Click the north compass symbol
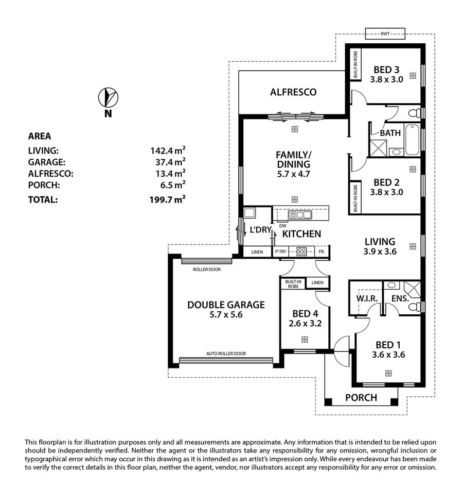(x=108, y=97)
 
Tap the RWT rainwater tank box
(x=385, y=33)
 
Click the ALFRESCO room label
(x=293, y=92)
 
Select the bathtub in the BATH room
(x=412, y=140)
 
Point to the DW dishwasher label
(x=283, y=226)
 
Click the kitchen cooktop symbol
(x=301, y=251)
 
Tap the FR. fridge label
(x=322, y=251)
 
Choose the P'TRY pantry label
(x=281, y=251)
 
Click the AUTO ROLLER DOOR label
(x=226, y=354)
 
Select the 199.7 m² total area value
(x=168, y=199)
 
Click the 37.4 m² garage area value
(x=170, y=162)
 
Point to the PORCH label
(x=361, y=397)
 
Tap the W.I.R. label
(x=367, y=298)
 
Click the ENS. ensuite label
(x=400, y=298)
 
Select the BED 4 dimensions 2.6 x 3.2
(x=305, y=323)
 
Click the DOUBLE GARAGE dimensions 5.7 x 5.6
(x=226, y=314)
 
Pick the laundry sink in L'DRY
(x=250, y=213)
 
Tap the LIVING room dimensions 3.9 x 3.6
(x=380, y=251)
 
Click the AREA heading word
(x=40, y=136)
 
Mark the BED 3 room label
(x=386, y=70)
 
